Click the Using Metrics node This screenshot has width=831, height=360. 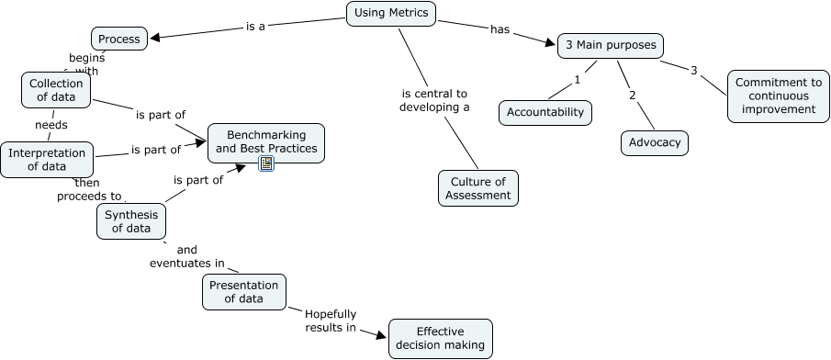(391, 13)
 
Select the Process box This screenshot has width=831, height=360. (119, 39)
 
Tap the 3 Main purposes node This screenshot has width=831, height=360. (610, 46)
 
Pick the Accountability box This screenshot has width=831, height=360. (545, 112)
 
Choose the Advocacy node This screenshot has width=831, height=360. (654, 143)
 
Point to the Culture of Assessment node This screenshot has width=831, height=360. (477, 187)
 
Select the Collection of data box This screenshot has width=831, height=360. (55, 89)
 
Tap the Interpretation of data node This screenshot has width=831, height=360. (47, 160)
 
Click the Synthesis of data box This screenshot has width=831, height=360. (131, 221)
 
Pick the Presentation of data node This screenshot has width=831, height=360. (243, 292)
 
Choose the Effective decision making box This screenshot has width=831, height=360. (440, 338)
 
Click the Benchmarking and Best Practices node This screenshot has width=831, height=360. (265, 141)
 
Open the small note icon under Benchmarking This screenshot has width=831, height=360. (266, 163)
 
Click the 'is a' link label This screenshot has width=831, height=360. (255, 27)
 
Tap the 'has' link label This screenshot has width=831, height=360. (500, 29)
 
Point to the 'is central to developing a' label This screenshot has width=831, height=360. (435, 100)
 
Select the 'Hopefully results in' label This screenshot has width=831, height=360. (331, 321)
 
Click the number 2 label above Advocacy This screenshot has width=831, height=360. (632, 95)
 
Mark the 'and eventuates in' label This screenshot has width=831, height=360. (187, 256)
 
